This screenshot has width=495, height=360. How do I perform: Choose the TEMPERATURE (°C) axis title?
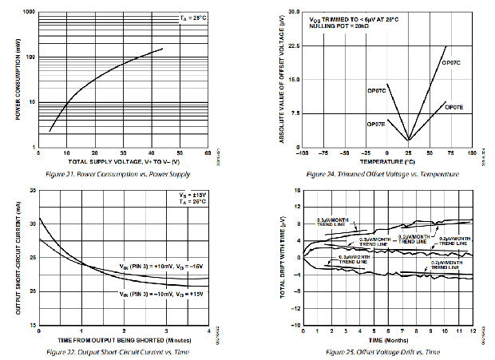(387, 162)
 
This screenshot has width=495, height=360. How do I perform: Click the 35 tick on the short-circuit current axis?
(32, 191)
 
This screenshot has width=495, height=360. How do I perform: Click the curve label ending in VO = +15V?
(156, 293)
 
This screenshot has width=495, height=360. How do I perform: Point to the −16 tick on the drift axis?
(292, 326)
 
